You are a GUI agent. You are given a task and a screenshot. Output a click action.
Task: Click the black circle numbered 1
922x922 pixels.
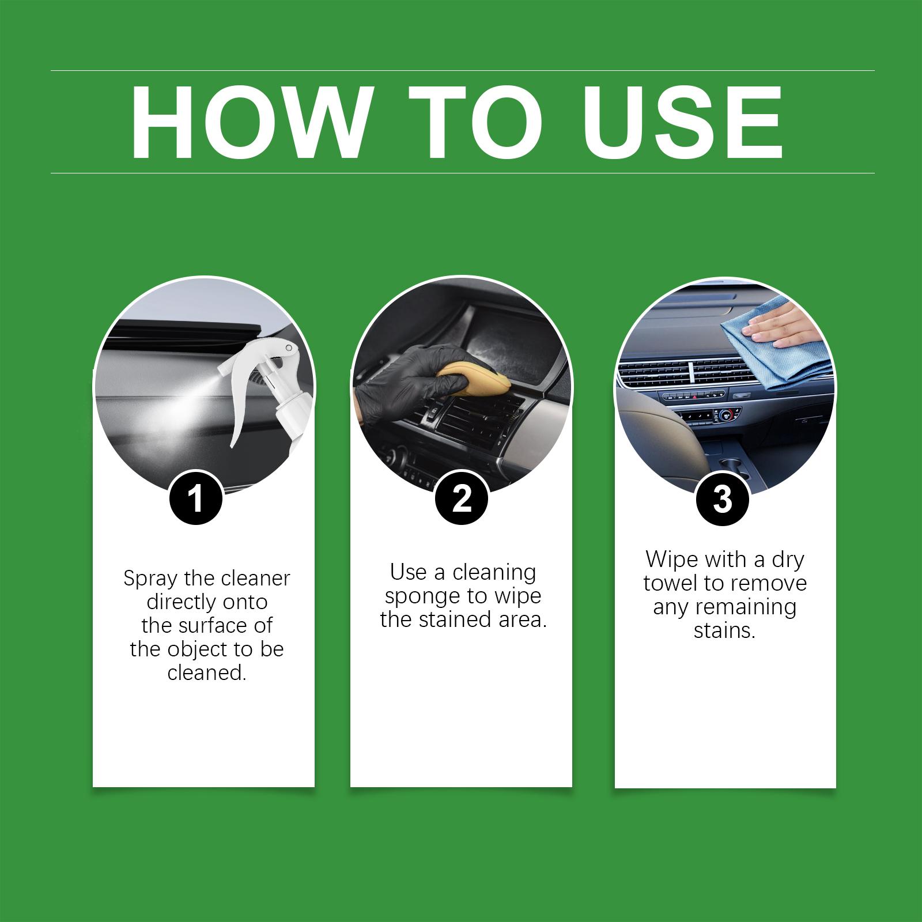[x=196, y=498]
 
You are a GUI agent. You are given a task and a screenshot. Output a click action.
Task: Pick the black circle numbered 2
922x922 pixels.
[x=461, y=498]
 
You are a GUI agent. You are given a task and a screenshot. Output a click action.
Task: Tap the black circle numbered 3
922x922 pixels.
[x=723, y=498]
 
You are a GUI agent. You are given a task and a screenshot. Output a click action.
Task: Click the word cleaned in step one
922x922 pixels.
[x=207, y=672]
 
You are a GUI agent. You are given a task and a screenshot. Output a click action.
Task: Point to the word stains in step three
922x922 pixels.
[x=724, y=631]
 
